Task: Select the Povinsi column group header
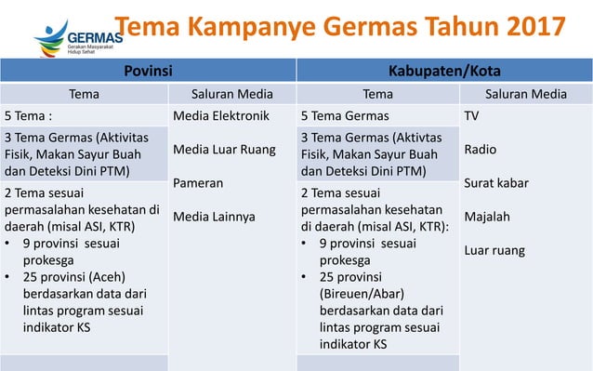148,70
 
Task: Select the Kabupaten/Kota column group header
444,70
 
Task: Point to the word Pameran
199,183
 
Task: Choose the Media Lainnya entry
214,217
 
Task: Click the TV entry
473,116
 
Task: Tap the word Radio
481,150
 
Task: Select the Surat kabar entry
496,183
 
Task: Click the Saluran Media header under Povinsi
231,93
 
